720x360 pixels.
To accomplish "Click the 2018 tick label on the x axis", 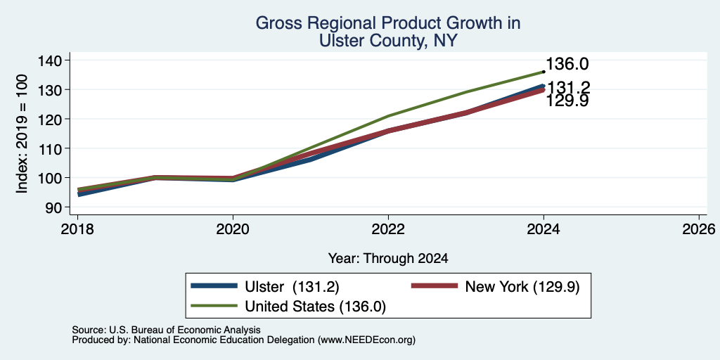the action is (x=77, y=229).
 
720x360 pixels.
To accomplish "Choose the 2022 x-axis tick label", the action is (x=388, y=229).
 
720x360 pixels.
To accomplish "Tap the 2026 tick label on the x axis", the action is (x=699, y=229).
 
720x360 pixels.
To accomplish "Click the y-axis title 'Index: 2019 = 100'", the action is (x=22, y=134).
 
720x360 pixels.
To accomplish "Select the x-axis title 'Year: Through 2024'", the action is (x=388, y=259).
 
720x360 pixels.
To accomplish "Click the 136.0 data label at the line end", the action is (x=567, y=64).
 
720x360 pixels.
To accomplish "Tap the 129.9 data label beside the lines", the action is (x=567, y=101).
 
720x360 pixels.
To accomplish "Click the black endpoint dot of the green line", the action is (x=544, y=72).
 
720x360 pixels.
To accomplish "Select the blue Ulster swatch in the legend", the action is (x=214, y=286).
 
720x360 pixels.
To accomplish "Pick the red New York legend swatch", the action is (x=435, y=286).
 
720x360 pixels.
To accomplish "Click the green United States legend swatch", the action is (x=214, y=306).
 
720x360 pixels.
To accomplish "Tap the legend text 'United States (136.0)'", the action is (x=316, y=307).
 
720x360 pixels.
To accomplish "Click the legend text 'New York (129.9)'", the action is (x=522, y=287).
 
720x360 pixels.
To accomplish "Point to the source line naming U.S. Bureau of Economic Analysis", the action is (x=166, y=330).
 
